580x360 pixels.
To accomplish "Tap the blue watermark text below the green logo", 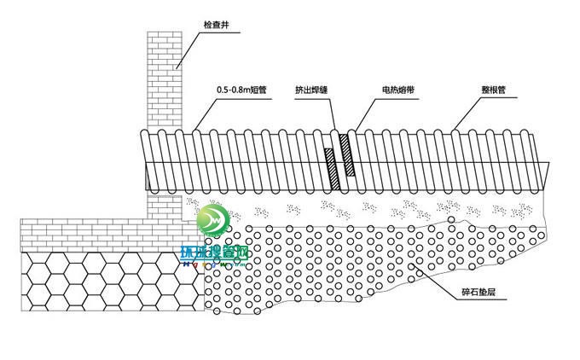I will (x=212, y=253).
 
